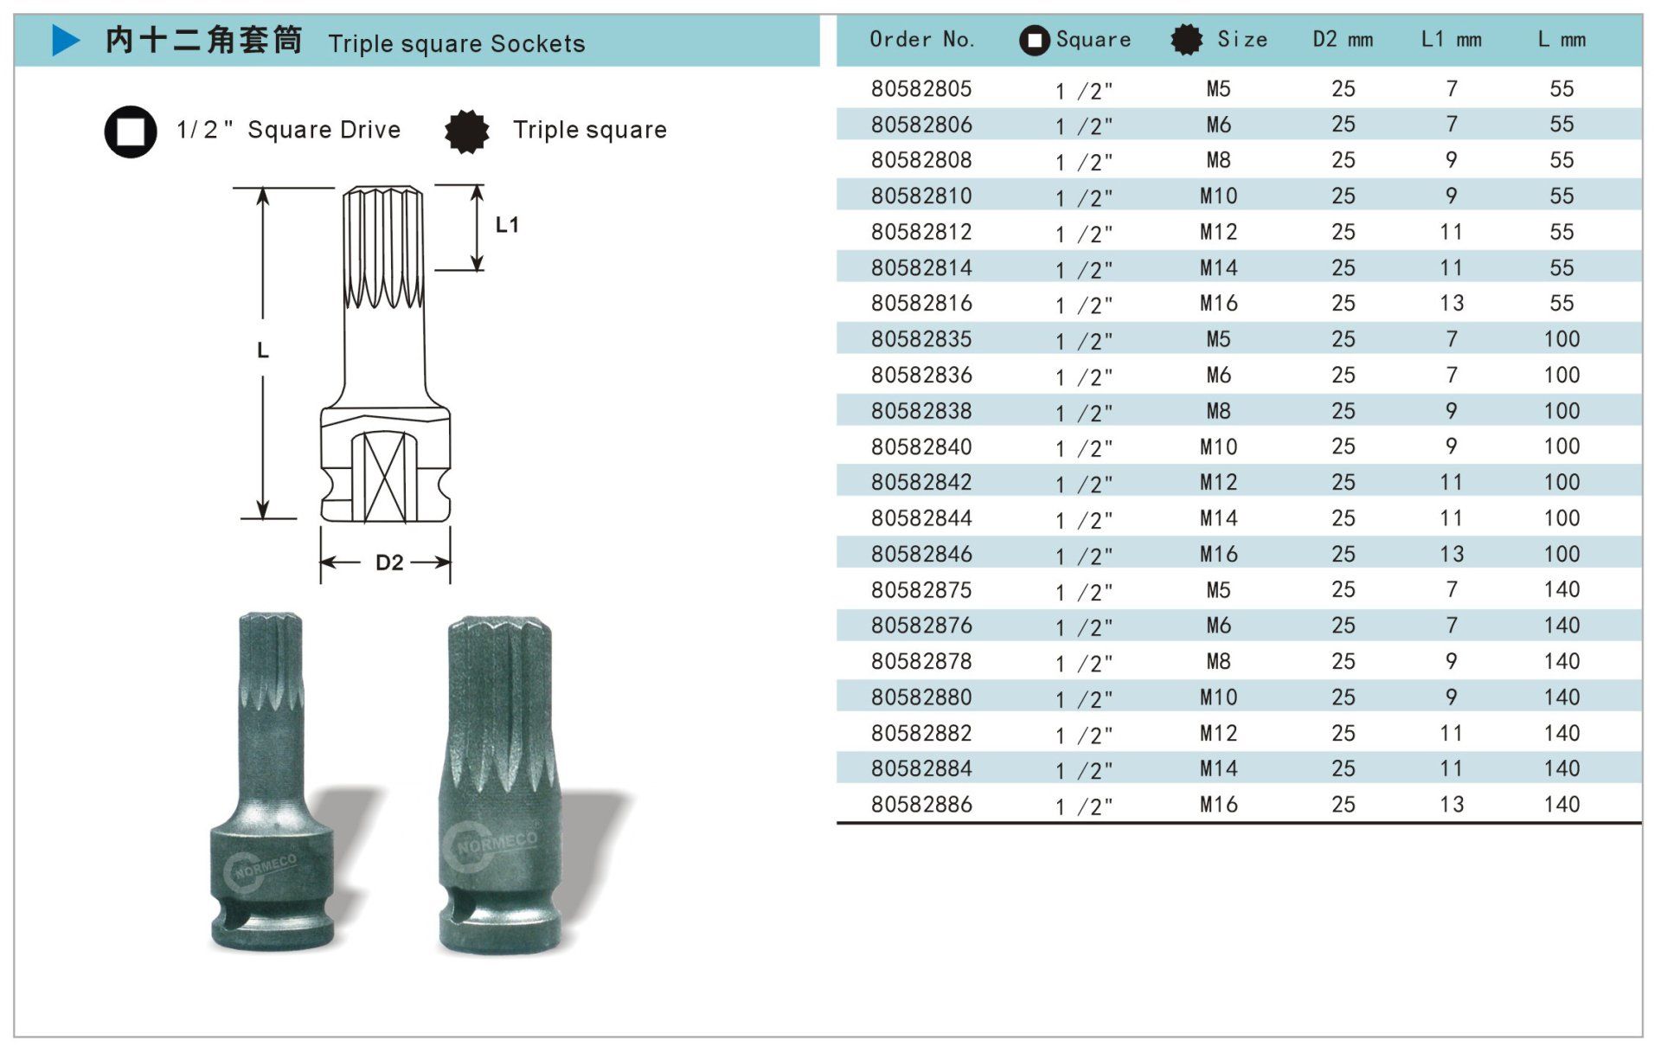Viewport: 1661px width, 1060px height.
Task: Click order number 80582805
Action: click(x=921, y=88)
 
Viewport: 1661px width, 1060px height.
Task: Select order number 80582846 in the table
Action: click(x=921, y=554)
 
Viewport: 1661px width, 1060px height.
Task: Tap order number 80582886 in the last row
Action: click(x=921, y=804)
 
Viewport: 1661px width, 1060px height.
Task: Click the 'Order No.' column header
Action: click(x=922, y=39)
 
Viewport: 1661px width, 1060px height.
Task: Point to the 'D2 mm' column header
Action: click(x=1343, y=39)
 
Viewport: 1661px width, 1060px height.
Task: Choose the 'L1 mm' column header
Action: click(x=1452, y=39)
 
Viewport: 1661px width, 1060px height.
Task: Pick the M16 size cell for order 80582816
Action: click(x=1218, y=303)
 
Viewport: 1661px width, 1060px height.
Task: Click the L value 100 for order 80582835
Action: click(x=1562, y=338)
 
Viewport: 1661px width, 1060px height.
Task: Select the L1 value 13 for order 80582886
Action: click(x=1452, y=804)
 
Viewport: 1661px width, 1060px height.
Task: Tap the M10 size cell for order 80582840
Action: click(x=1218, y=446)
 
